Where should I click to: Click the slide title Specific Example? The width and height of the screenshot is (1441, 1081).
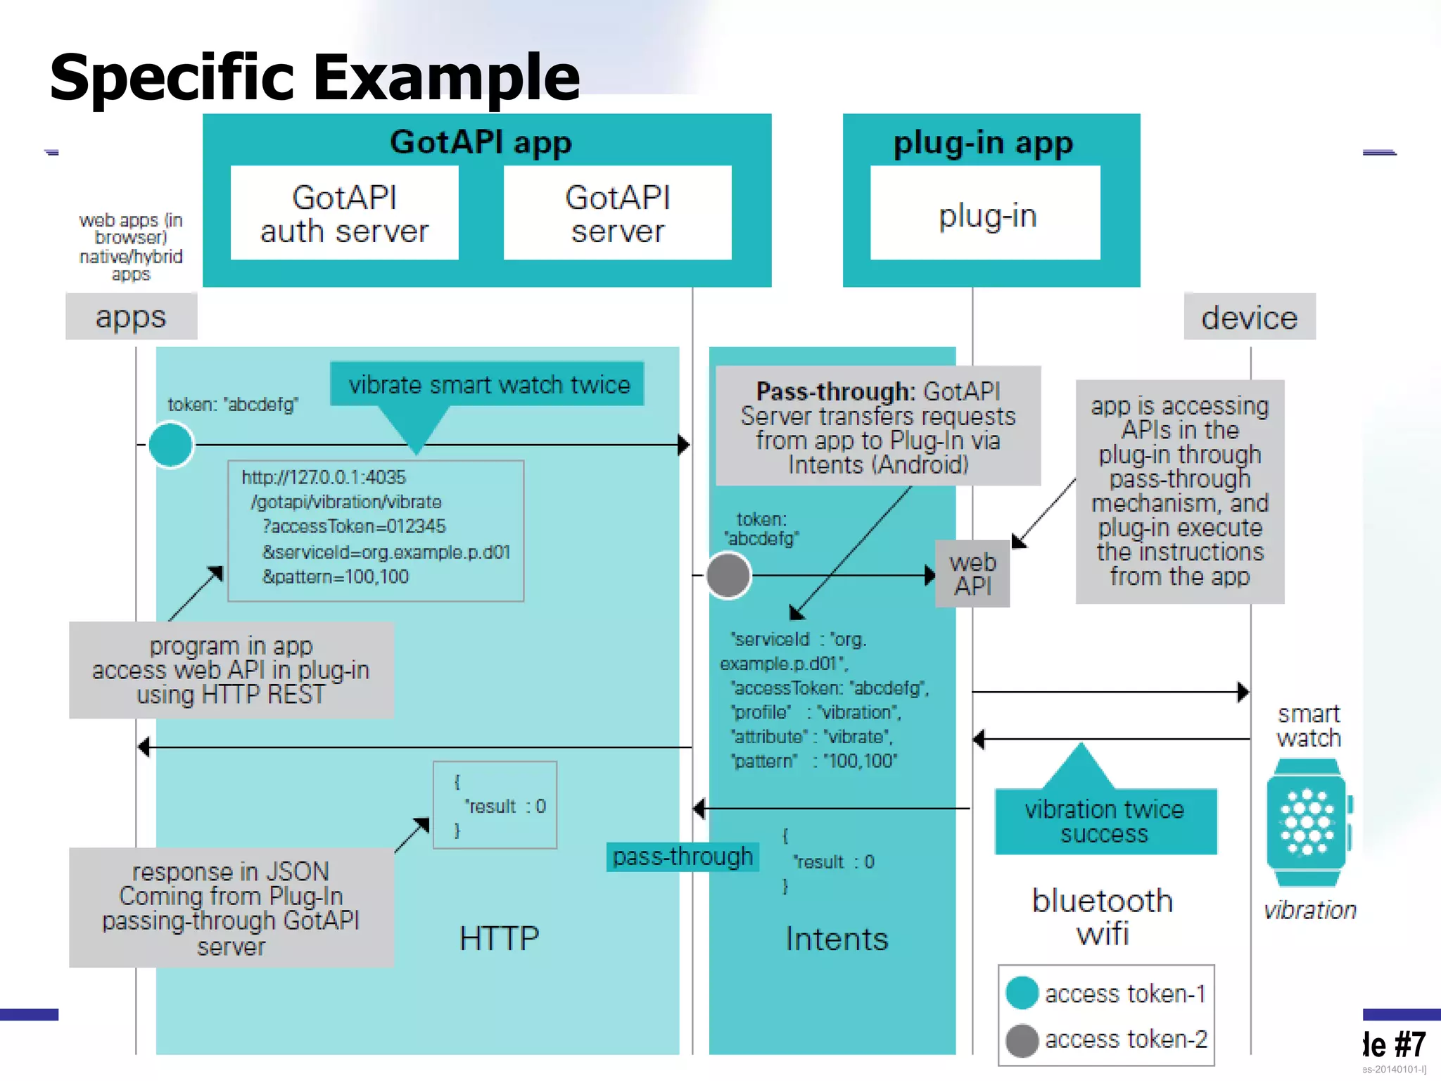pyautogui.click(x=315, y=77)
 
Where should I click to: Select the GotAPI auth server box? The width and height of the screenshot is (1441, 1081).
pyautogui.click(x=344, y=213)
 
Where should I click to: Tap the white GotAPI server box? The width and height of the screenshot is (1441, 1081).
pyautogui.click(x=617, y=213)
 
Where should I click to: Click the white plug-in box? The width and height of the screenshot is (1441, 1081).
pyautogui.click(x=985, y=213)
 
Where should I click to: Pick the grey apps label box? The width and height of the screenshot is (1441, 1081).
pyautogui.click(x=131, y=317)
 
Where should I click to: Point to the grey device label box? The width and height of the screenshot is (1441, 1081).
pyautogui.click(x=1249, y=317)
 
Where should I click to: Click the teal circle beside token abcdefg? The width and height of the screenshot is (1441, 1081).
pyautogui.click(x=171, y=445)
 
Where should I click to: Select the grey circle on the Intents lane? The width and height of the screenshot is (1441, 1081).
pyautogui.click(x=728, y=575)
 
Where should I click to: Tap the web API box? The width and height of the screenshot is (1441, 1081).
pyautogui.click(x=972, y=574)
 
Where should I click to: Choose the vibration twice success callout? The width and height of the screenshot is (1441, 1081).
pyautogui.click(x=1105, y=821)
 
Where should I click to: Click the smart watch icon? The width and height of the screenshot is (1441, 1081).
pyautogui.click(x=1307, y=822)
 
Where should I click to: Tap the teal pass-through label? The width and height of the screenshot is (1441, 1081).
pyautogui.click(x=683, y=856)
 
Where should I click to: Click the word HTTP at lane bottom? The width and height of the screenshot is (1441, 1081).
pyautogui.click(x=499, y=939)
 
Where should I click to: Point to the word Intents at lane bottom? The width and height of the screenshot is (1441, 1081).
pyautogui.click(x=837, y=939)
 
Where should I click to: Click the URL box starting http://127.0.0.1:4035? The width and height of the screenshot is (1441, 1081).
pyautogui.click(x=376, y=531)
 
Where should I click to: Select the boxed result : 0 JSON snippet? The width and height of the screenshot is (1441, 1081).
pyautogui.click(x=495, y=805)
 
